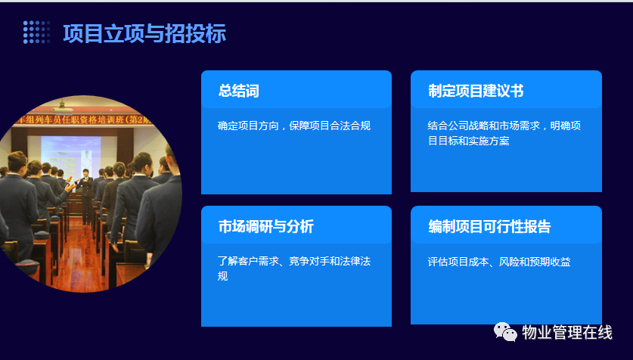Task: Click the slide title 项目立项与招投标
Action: (x=144, y=33)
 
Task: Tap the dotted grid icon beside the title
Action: (x=37, y=32)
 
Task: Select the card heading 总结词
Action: (x=238, y=91)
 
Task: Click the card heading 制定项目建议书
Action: (x=476, y=91)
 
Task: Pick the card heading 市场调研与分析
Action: (x=266, y=226)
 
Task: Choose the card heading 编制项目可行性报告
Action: (x=490, y=226)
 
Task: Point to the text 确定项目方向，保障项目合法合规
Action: (x=294, y=126)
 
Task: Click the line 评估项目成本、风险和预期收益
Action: (x=499, y=262)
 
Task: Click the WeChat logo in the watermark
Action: (x=505, y=332)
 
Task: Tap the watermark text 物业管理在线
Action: (x=567, y=332)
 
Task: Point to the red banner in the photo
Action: (x=82, y=119)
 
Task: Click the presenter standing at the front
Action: (x=85, y=196)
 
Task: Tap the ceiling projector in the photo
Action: (x=62, y=107)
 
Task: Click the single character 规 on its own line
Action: (x=223, y=276)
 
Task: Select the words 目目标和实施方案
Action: (x=469, y=141)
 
